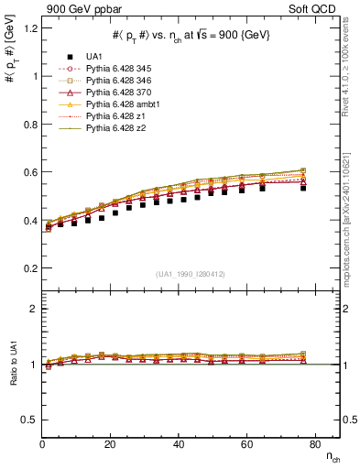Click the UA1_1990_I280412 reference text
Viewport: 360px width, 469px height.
point(190,274)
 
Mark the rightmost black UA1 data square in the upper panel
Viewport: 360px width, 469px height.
point(303,187)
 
